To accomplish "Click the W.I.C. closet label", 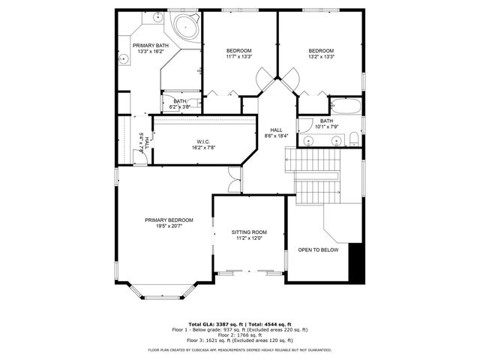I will click(202, 142).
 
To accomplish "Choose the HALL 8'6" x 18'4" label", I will click(277, 133).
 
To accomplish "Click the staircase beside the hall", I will click(313, 174).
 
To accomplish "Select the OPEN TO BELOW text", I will click(318, 250).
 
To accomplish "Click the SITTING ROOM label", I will click(248, 232).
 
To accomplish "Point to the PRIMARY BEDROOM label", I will click(169, 220).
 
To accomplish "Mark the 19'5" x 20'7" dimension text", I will click(169, 226).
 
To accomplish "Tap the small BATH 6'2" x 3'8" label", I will click(180, 103).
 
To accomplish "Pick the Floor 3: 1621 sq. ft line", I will click(239, 341).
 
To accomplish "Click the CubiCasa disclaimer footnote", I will click(239, 349).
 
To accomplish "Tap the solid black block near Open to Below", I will click(358, 262).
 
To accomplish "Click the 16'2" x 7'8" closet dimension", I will click(202, 148).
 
